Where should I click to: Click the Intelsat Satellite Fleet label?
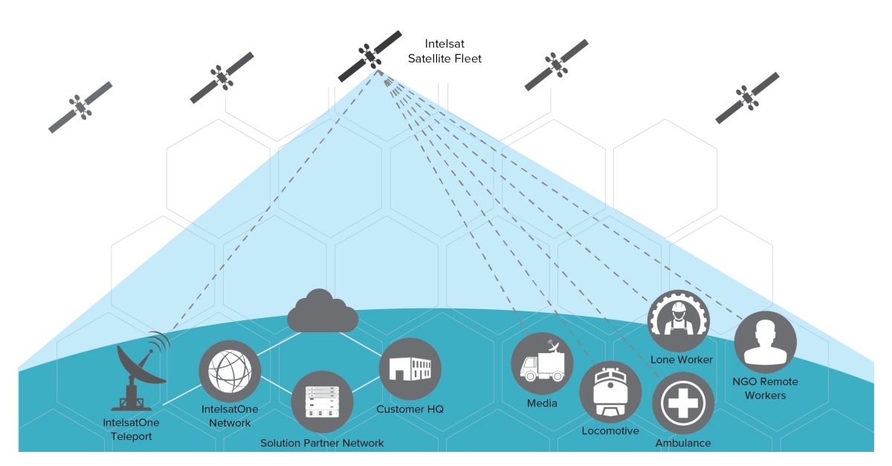(x=445, y=51)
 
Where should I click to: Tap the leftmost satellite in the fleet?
(x=80, y=107)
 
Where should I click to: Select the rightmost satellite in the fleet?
(x=747, y=97)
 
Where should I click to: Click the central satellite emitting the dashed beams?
(x=370, y=56)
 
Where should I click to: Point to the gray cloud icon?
(x=322, y=313)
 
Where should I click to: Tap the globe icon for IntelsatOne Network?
(x=230, y=370)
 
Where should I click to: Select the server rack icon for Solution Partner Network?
(x=322, y=402)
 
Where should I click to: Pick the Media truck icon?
(x=542, y=363)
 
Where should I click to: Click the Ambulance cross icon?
(x=682, y=403)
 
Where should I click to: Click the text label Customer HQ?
(x=410, y=410)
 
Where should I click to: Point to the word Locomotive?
(x=610, y=431)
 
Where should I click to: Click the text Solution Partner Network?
(x=322, y=443)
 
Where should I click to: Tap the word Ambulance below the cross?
(x=682, y=443)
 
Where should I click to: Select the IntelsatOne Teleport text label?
(x=131, y=430)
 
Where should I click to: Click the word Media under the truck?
(x=542, y=404)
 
